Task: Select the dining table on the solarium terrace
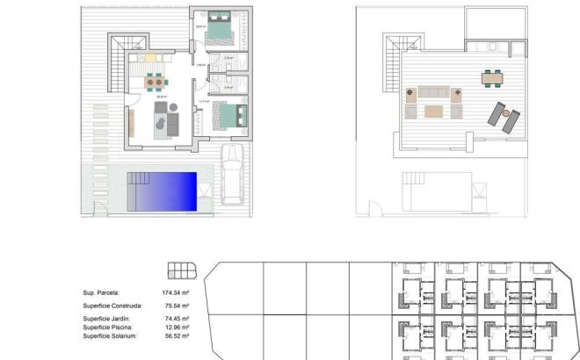[491, 78]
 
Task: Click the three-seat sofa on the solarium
[431, 92]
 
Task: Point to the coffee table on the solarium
[433, 111]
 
